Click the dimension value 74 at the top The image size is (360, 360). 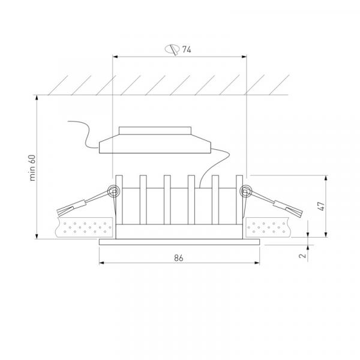coord(187,49)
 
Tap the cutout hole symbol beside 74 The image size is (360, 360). coord(172,49)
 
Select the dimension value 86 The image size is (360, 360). coord(179,258)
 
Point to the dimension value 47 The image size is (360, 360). coord(322,206)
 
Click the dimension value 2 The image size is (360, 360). coord(303,256)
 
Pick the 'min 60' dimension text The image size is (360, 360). coord(32,168)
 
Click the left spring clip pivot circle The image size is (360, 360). coord(113,191)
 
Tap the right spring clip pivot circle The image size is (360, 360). coord(245,191)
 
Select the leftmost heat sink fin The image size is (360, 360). coord(119,200)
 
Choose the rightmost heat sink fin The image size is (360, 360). coord(239,200)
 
